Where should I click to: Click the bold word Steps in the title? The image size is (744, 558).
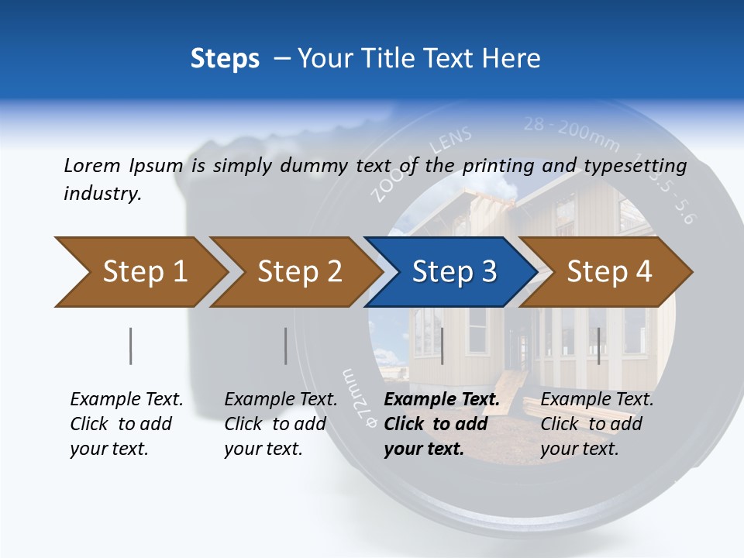click(x=225, y=58)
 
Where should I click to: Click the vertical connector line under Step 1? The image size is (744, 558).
click(x=131, y=346)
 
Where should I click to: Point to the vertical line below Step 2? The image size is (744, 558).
click(x=286, y=346)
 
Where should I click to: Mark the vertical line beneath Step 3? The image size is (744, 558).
click(x=442, y=346)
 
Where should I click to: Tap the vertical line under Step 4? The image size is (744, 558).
click(x=598, y=346)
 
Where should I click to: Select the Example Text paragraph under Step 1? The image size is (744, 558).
click(x=126, y=424)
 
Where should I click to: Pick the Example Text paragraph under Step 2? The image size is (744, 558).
click(x=281, y=424)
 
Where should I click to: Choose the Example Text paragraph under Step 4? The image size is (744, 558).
click(x=597, y=424)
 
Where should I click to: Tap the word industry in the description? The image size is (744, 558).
click(x=102, y=194)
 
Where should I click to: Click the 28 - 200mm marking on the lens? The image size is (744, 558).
click(x=571, y=133)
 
